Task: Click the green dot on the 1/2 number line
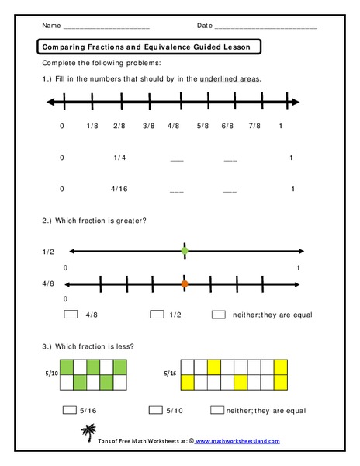tap(185, 251)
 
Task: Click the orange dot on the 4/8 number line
tap(185, 284)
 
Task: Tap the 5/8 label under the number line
tap(203, 125)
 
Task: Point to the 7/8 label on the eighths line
tap(254, 125)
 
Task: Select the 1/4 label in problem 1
tap(119, 158)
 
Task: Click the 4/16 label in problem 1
tap(119, 189)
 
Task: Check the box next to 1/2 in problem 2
tap(157, 315)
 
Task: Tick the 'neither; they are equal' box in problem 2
tap(218, 315)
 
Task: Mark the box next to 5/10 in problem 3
tap(153, 410)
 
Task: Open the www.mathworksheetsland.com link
tap(237, 441)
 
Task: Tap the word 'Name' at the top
tap(51, 26)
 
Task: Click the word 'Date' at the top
tap(205, 26)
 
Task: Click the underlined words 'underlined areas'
tap(230, 79)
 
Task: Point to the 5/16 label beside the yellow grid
tap(168, 374)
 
